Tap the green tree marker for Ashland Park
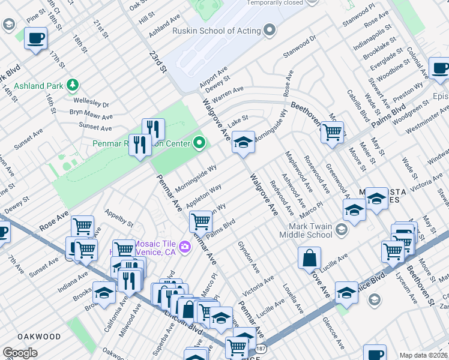click(73, 85)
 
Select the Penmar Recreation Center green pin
click(199, 143)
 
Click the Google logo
click(20, 353)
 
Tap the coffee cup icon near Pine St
click(35, 38)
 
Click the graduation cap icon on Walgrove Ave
click(243, 142)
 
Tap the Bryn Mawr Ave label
click(91, 115)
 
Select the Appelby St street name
click(119, 218)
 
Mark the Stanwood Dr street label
click(300, 47)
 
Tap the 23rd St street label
click(157, 62)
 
